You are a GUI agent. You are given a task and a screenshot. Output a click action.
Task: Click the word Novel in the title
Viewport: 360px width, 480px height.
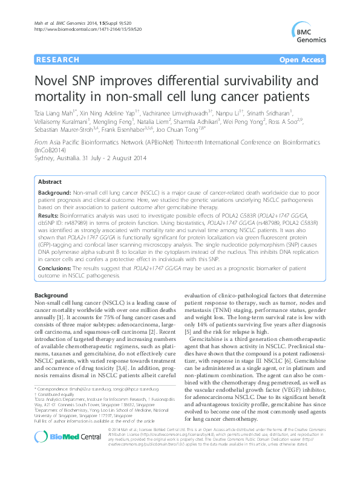click(50, 81)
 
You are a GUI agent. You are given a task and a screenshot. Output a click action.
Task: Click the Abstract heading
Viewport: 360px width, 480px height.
click(49, 164)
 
